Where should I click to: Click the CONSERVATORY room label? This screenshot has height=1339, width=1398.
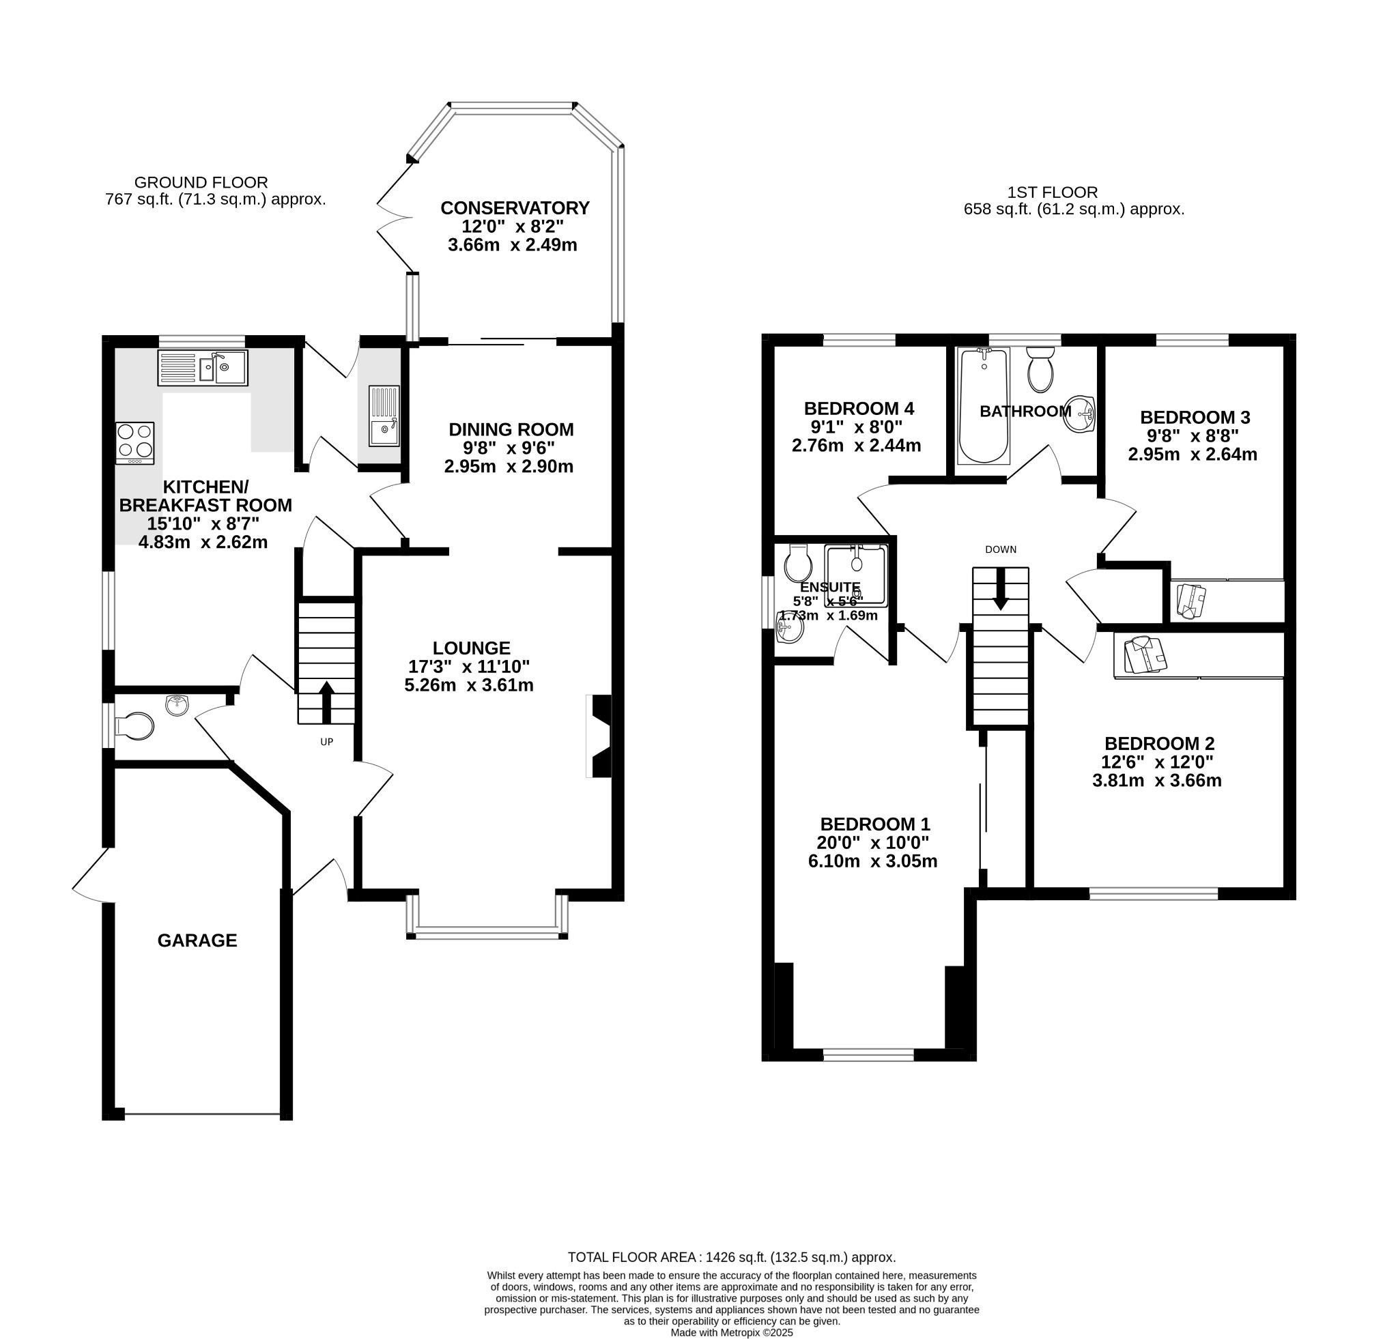pos(515,208)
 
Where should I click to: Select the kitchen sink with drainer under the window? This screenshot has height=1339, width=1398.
pos(203,368)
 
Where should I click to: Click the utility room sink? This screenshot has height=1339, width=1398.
pos(384,416)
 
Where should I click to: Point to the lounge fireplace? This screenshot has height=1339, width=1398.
pos(599,736)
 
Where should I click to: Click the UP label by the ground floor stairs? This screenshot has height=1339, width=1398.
pos(327,742)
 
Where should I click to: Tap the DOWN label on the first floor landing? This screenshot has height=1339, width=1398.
pos(1001,549)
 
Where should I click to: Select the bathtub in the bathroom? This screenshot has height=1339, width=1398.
pos(984,405)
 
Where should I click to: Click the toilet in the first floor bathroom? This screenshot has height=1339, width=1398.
pos(1041,369)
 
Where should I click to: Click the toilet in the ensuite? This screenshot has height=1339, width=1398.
pos(797,563)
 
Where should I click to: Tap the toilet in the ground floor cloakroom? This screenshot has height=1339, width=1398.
pos(134,727)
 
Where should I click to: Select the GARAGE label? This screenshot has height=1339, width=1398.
pos(197,940)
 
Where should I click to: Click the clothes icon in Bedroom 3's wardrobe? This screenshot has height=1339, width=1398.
pos(1191,601)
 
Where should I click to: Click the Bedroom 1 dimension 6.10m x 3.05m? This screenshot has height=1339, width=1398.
pos(873,861)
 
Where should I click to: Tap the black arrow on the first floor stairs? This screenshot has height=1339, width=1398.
pos(1001,588)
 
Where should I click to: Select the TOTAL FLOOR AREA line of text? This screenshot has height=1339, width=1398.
pos(732,1257)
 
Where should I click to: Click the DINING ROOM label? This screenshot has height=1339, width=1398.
pos(511,430)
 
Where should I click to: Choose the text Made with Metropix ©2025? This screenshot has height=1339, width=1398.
pos(732,1332)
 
